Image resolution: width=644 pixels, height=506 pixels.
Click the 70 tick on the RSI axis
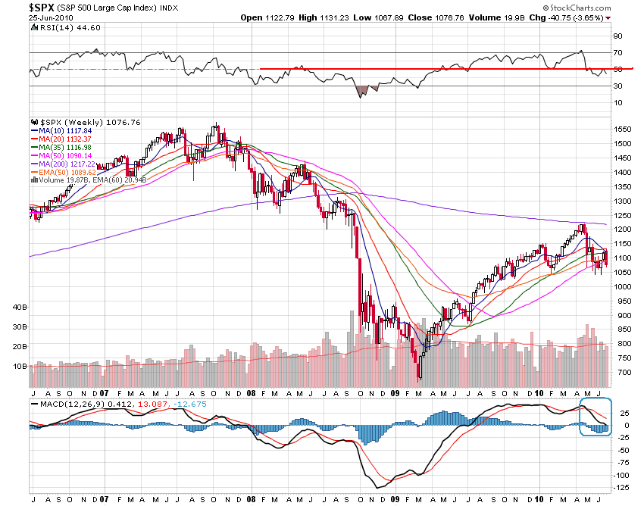point(617,52)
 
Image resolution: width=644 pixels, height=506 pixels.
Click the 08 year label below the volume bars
point(251,394)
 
